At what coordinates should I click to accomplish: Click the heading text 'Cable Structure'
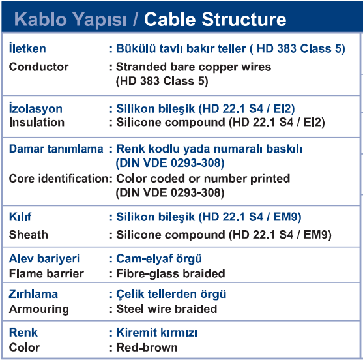pos(215,19)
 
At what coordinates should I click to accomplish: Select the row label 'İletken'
pos(27,48)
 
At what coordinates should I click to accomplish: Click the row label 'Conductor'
pos(38,67)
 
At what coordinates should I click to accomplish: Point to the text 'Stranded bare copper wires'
pos(194,67)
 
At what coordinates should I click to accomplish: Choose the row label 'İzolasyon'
pos(36,108)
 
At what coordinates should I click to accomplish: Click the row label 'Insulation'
pos(36,122)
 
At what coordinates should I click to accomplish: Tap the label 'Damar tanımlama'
pos(56,149)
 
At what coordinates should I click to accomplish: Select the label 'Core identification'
pos(59,179)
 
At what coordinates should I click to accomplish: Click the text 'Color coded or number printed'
pos(203,179)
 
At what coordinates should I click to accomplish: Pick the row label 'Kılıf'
pos(20,217)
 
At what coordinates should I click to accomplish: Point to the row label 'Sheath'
pos(29,235)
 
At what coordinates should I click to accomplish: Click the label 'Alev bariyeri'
pos(44,258)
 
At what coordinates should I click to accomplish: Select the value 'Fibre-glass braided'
pos(171,273)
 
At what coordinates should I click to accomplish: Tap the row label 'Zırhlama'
pos(33,294)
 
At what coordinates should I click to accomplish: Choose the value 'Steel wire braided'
pos(166,309)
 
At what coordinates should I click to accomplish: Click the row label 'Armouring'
pos(39,310)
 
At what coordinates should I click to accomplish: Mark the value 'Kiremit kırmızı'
pos(156,333)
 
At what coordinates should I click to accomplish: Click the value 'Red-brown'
pos(147,348)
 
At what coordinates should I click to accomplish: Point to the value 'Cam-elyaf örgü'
pos(159,258)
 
